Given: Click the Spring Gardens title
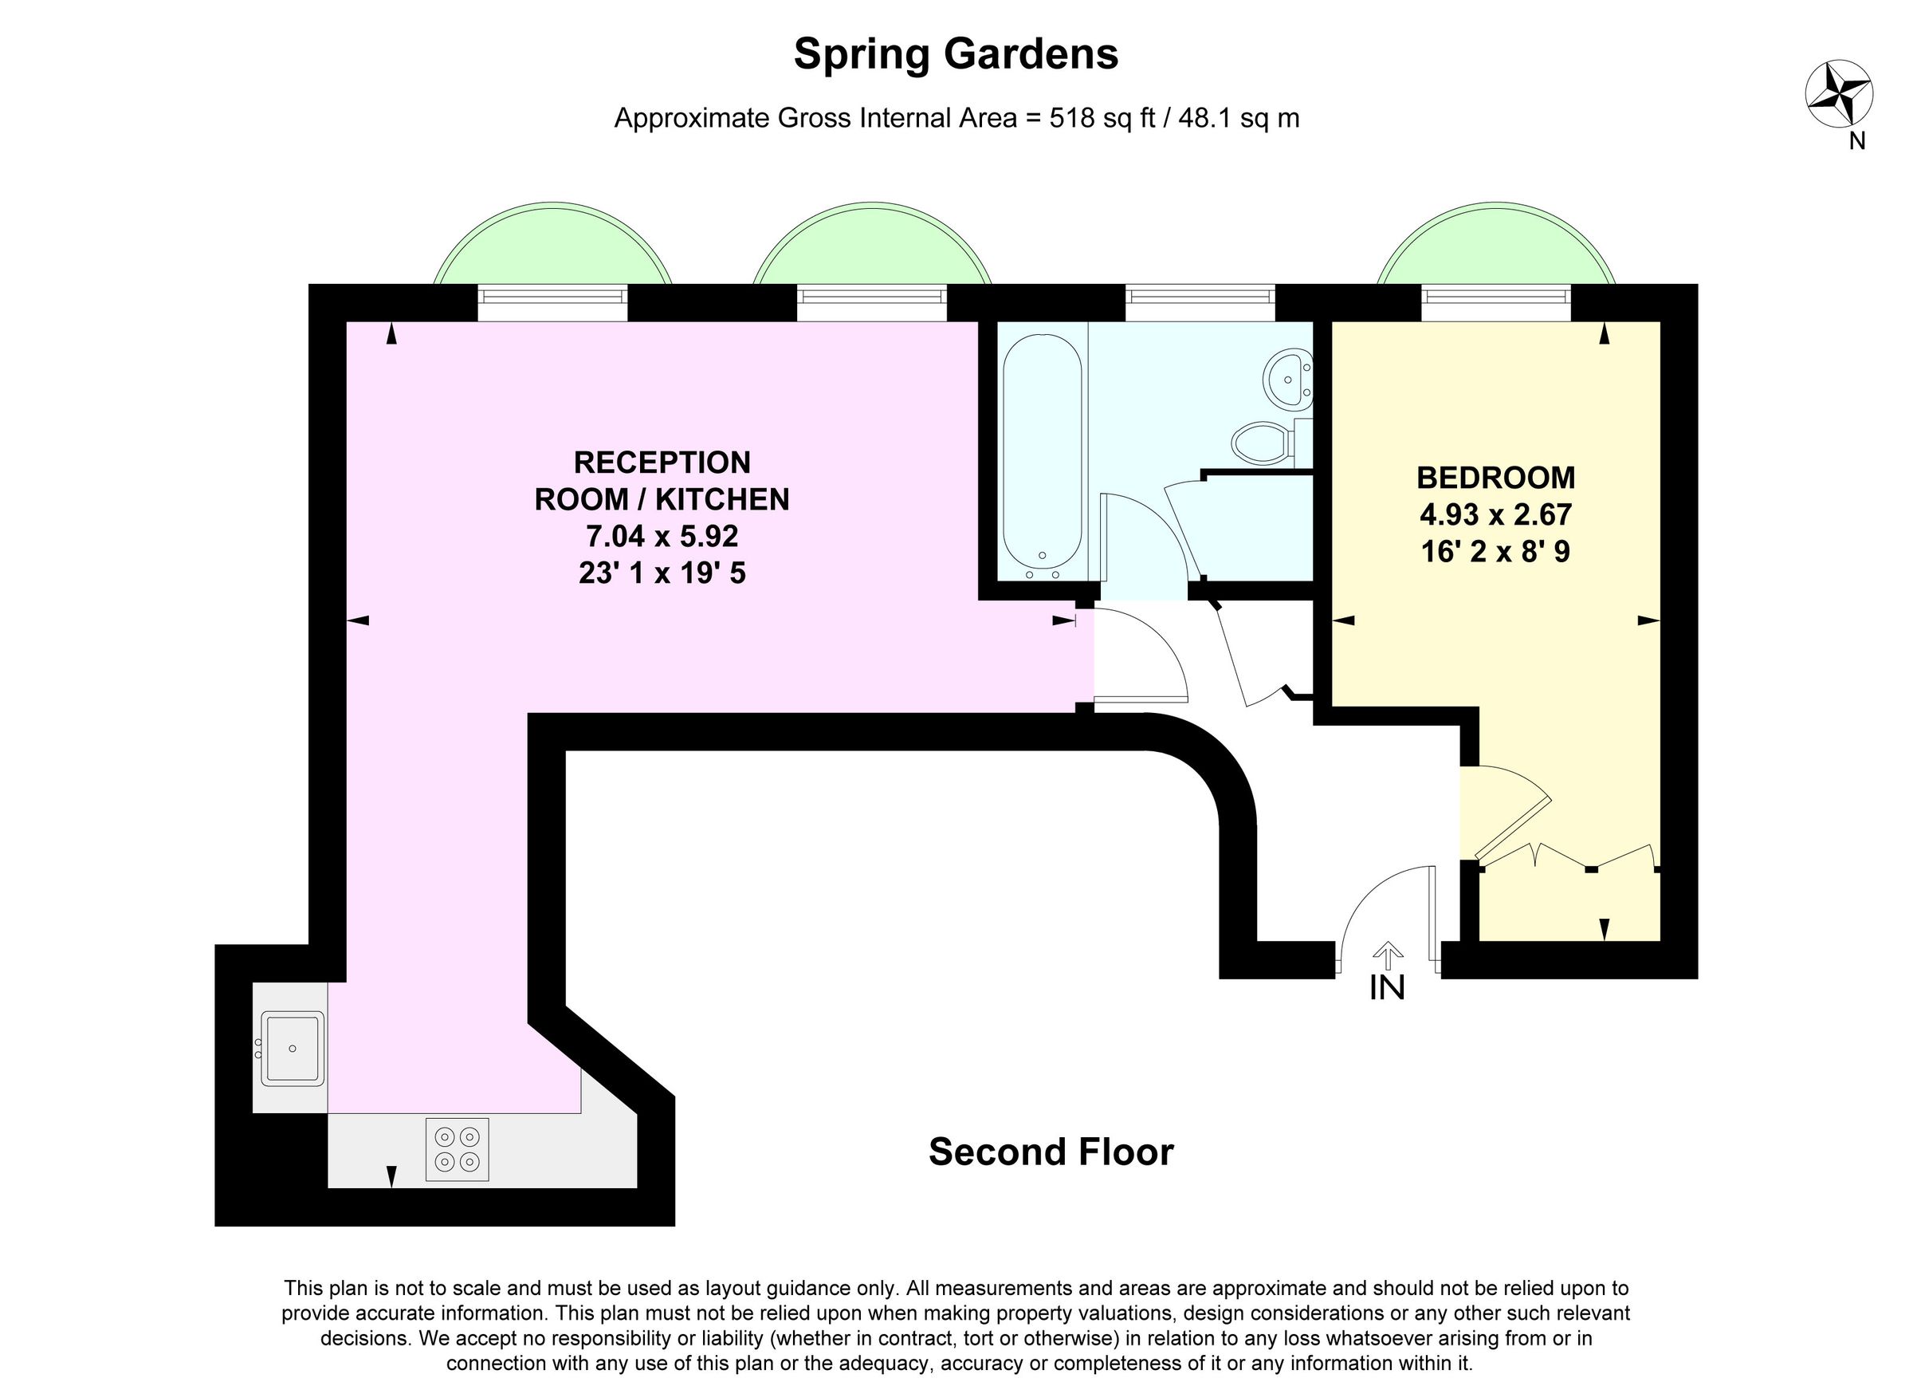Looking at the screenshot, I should pos(956,54).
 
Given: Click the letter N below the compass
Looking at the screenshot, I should pos(1856,142).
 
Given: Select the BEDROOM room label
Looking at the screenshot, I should pos(1495,478).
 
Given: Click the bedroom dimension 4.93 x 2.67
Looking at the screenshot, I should pos(1495,514).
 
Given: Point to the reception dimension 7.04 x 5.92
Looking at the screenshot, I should pos(662,536).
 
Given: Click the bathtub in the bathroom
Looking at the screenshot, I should pos(1042,455).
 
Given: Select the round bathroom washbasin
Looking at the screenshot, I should pos(1287,380).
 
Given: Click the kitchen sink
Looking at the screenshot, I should pos(292,1048).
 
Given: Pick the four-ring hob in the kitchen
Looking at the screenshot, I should pos(456,1149).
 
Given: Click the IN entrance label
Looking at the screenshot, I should pos(1387,988).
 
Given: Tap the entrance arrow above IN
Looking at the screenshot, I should pos(1387,954).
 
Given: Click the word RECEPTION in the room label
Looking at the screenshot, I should pos(662,463).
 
